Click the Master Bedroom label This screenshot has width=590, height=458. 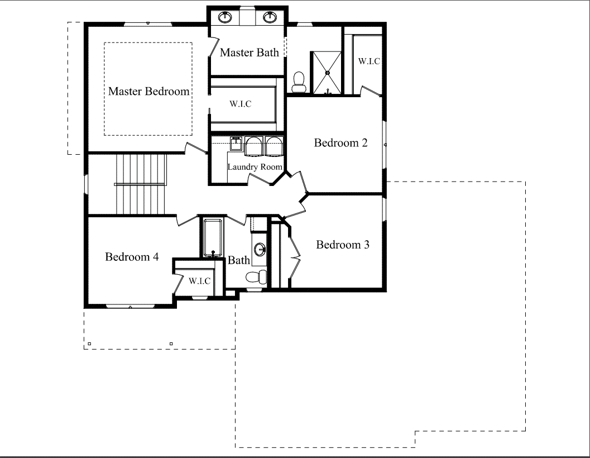148,91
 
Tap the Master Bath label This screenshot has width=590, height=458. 249,53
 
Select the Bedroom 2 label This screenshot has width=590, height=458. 340,143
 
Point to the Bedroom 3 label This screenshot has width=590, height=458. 342,245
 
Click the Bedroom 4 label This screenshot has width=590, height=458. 132,257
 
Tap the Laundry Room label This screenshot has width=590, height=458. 255,167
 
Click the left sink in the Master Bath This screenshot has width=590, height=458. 225,17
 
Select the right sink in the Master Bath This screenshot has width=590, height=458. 270,17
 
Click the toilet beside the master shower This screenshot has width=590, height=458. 299,82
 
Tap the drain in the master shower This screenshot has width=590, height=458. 327,72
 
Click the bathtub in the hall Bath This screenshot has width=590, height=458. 213,238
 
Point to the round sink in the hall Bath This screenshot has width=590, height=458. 260,249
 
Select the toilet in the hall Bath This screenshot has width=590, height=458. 257,277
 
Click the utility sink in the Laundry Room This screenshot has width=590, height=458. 236,144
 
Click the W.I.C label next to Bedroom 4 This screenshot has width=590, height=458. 199,281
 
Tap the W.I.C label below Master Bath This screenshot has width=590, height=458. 241,104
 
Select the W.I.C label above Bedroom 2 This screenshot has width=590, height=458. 369,61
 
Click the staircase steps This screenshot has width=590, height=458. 141,184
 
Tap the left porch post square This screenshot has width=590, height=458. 89,344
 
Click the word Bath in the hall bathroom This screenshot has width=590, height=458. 239,260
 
